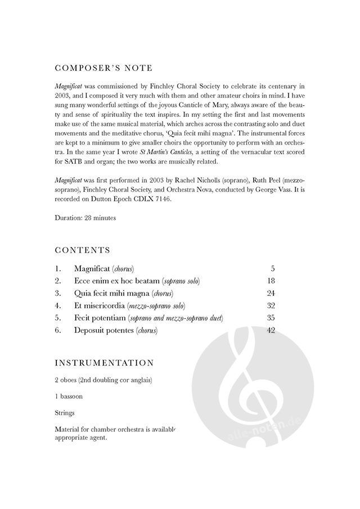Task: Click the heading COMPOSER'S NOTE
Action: pyautogui.click(x=103, y=68)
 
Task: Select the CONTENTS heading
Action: pyautogui.click(x=83, y=250)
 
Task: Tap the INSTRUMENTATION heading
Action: pyautogui.click(x=104, y=363)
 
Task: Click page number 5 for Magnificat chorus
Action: pyautogui.click(x=272, y=268)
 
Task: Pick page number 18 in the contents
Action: pyautogui.click(x=270, y=281)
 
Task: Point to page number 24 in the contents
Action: pyautogui.click(x=270, y=293)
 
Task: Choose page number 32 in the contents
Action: pyautogui.click(x=270, y=305)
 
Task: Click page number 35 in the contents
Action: pyautogui.click(x=270, y=318)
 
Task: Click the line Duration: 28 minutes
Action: pyautogui.click(x=85, y=218)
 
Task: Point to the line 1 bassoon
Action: pyautogui.click(x=69, y=396)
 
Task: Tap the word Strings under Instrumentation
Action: pyautogui.click(x=65, y=413)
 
